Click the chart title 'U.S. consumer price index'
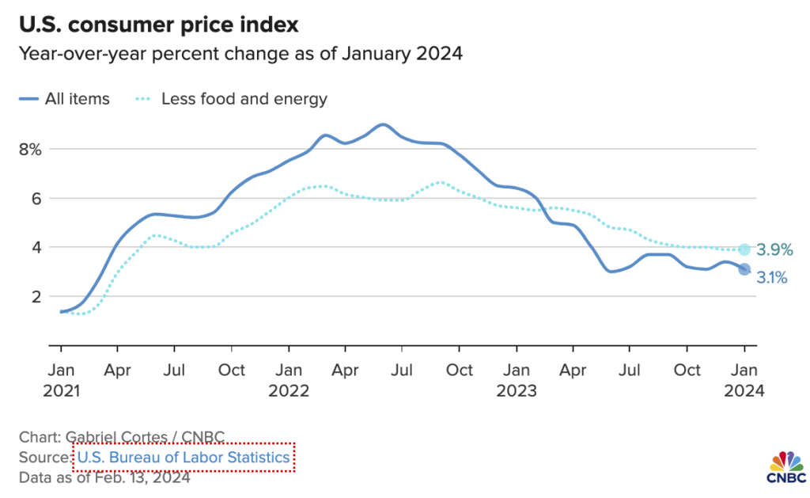click(159, 25)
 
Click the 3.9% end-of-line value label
click(774, 250)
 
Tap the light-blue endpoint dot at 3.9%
click(744, 249)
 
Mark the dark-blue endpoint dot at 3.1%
click(744, 269)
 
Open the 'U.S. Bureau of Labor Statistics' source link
click(184, 458)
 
